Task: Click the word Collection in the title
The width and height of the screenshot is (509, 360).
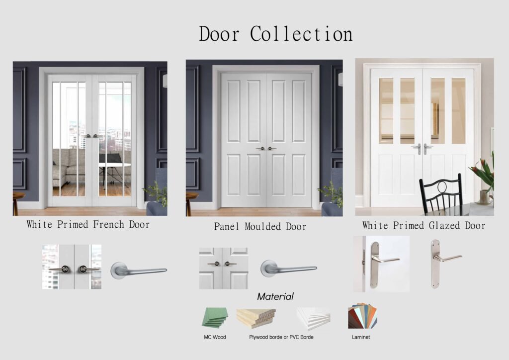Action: click(301, 34)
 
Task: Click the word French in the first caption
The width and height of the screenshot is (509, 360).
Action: click(108, 224)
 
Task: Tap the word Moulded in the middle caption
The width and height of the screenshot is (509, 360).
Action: click(263, 226)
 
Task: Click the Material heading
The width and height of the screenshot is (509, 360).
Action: click(275, 296)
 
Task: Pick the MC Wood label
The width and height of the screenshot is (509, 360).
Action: click(215, 337)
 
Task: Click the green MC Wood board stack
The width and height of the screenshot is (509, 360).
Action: click(215, 317)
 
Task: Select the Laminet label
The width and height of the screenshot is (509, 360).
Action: click(361, 337)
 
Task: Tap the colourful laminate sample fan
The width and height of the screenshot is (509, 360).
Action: click(362, 316)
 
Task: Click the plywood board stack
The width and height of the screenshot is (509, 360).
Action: click(256, 318)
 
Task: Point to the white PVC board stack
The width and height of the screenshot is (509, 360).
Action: click(314, 318)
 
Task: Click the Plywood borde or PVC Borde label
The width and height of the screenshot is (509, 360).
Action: click(281, 337)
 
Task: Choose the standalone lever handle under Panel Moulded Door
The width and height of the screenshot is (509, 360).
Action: click(289, 269)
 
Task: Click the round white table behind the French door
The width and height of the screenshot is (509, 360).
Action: click(115, 166)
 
